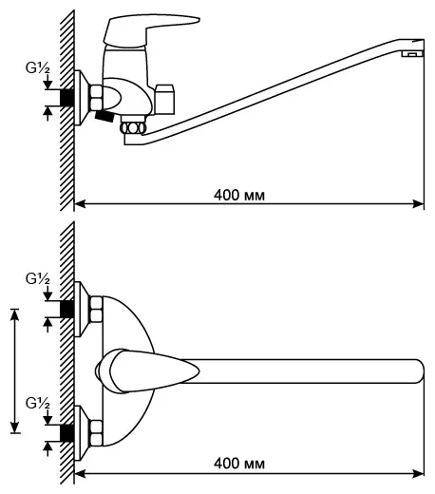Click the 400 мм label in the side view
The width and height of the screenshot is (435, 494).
pos(239,195)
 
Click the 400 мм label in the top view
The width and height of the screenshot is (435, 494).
pos(239,464)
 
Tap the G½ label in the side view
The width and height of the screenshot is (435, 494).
pos(38,68)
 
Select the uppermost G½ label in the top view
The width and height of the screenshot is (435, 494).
pos(38,279)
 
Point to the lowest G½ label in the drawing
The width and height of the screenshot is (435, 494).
pos(38,404)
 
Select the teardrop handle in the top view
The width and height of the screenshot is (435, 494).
pos(147,371)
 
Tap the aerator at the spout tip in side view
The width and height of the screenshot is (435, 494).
pos(412,54)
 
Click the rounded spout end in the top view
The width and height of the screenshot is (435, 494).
pos(419,371)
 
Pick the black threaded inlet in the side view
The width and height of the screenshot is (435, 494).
pos(67,97)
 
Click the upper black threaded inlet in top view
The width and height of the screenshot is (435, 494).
pos(67,309)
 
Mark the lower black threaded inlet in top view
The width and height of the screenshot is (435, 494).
pos(67,433)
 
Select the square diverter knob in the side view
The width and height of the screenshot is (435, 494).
pos(165,99)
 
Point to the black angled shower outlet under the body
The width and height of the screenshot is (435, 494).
pos(104,116)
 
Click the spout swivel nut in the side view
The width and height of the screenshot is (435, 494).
pos(133,127)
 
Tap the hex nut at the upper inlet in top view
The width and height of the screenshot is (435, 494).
pos(96,310)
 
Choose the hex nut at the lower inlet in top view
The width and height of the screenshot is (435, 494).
pos(96,433)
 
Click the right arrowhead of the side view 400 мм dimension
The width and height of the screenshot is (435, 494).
pos(419,203)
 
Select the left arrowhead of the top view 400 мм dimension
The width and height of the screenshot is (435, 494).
pos(80,474)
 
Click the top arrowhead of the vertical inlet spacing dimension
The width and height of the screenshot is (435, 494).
pos(15,314)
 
